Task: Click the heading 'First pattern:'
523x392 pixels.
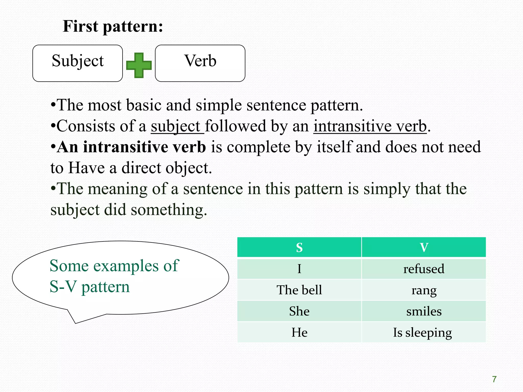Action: tap(113, 26)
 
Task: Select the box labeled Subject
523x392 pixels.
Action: tap(78, 63)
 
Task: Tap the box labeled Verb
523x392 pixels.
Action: tap(200, 63)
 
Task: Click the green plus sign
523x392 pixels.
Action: tap(139, 65)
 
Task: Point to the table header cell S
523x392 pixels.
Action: tap(299, 247)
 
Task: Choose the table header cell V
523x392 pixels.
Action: tap(424, 247)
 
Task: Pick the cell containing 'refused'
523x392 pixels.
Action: tap(424, 269)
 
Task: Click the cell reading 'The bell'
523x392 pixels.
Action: tap(299, 290)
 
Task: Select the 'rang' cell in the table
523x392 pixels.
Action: tap(424, 290)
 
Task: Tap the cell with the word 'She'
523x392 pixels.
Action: tap(299, 311)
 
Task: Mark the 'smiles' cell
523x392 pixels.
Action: tap(424, 311)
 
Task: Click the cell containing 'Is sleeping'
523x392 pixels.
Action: tap(422, 332)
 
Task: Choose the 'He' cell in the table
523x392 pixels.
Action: tap(299, 332)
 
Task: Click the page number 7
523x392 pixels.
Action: tap(494, 379)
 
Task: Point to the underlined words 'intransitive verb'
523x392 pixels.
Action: tap(370, 126)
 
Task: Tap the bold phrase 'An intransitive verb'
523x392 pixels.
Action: tap(131, 147)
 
